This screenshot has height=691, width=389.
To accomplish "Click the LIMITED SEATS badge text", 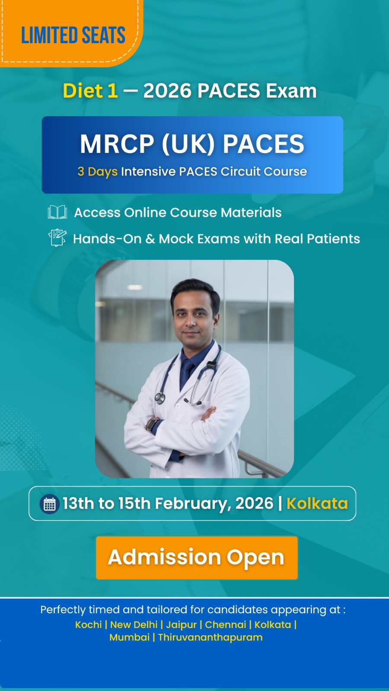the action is point(73,35).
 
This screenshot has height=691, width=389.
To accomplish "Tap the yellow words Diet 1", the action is point(90,91).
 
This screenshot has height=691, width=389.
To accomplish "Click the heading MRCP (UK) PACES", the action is point(192,144).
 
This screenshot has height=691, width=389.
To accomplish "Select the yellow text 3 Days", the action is point(98,172).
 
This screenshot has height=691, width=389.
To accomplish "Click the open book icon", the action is point(57,212).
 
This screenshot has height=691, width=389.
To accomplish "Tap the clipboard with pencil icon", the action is point(57,238).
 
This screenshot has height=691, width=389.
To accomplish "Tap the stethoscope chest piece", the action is point(159,398).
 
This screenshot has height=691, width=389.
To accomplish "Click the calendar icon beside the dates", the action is point(49,504).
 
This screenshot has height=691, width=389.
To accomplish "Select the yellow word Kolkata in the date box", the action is point(317,504).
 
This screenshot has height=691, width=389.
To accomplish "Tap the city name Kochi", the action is point(88,624).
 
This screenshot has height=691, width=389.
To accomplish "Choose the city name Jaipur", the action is point(181,625).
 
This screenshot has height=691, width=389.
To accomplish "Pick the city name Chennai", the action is point(225,624).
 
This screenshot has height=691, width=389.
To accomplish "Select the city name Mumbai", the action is point(129,637).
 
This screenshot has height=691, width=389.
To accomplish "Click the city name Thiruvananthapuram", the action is point(210,637).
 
